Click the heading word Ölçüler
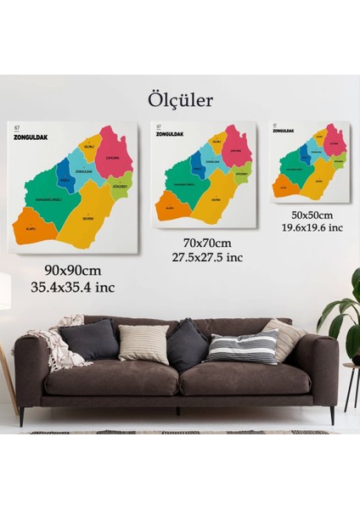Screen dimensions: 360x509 tap(179, 100)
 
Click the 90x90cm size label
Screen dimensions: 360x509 tap(72, 270)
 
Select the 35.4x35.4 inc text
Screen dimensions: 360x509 tap(72, 287)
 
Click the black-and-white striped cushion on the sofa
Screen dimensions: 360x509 tap(244, 346)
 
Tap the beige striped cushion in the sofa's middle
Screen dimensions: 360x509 tap(143, 344)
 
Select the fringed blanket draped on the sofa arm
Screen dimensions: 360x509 tap(58, 344)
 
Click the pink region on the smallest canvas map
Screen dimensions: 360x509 tap(335, 141)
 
